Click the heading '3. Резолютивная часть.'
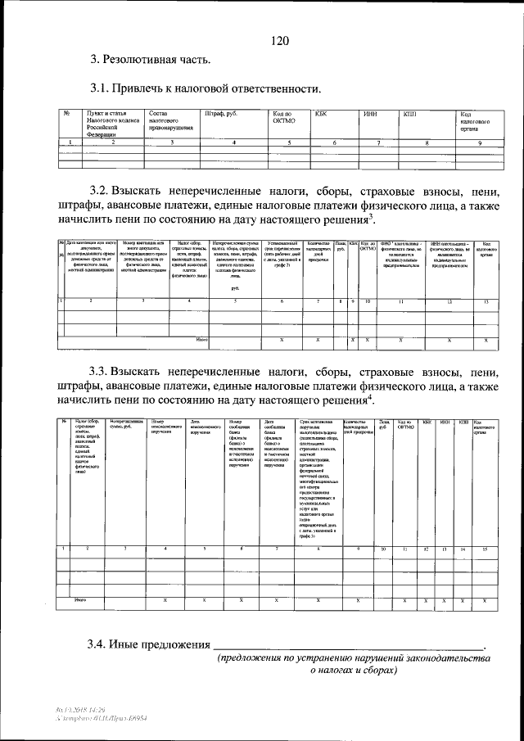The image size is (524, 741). [151, 59]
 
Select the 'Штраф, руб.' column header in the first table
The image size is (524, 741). [222, 114]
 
